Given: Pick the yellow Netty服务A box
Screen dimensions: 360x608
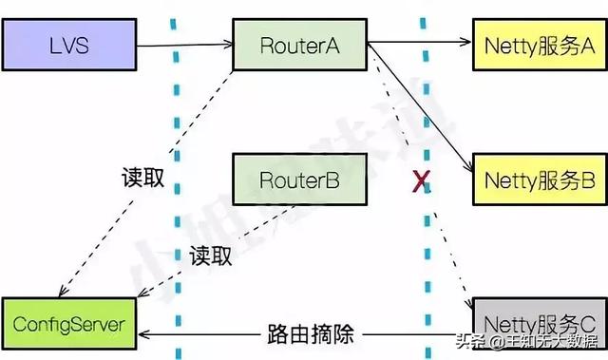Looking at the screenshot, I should [x=539, y=44].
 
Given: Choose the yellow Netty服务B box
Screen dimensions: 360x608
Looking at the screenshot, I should [x=539, y=180].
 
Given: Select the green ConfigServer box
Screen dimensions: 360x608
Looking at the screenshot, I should [x=67, y=324].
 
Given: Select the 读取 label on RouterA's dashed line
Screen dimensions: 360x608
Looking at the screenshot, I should [x=143, y=179].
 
